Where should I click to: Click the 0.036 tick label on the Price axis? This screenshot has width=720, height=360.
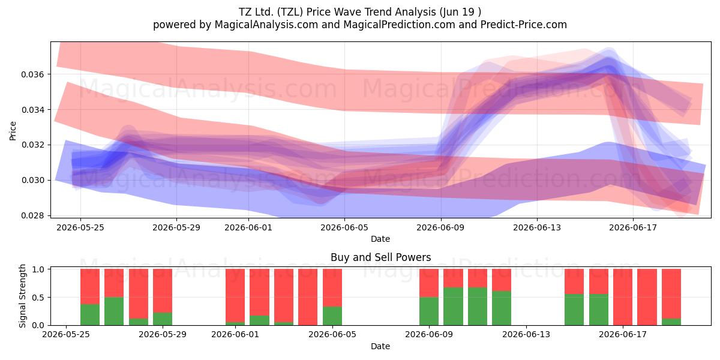coord(32,74)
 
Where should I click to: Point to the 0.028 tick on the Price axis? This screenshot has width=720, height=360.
coord(32,215)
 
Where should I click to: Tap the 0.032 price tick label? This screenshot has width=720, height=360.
coord(32,145)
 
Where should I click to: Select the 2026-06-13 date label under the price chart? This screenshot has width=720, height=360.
coord(537,227)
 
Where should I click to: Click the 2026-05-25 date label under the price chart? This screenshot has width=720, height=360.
coord(80,227)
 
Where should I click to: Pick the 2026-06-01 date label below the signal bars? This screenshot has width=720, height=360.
coord(235,335)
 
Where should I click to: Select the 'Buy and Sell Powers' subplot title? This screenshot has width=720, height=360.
coord(380,257)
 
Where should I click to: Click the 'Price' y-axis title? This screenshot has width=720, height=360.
coord(13,131)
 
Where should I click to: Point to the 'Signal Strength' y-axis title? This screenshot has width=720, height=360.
coord(22,296)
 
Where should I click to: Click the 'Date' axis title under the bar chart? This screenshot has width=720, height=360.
coord(380,347)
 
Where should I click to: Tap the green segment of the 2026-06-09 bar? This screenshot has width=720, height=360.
coord(429,311)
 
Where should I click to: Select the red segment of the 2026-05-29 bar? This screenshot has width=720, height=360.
coord(163,290)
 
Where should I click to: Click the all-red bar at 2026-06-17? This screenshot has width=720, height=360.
coord(623,297)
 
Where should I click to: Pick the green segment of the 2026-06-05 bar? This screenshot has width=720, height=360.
coord(332,316)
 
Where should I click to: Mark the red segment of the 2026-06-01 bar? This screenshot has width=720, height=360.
coord(235,295)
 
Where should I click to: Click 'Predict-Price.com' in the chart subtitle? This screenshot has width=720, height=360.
coord(524,25)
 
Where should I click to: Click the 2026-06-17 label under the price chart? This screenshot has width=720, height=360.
coord(633,227)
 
